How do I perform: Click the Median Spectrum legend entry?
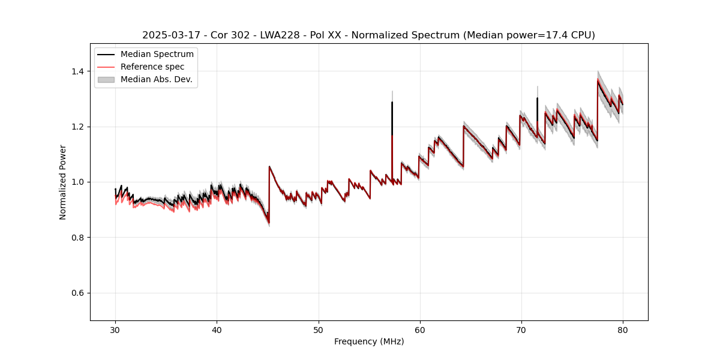coord(157,55)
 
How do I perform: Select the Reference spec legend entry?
coord(152,67)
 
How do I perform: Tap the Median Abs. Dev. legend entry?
coord(156,79)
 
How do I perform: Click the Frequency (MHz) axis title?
coord(369,341)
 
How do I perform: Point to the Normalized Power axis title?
coord(63,182)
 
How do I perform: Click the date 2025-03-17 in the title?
coord(169,35)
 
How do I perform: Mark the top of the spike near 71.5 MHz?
coord(537,98)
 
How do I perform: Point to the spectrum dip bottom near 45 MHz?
coord(268,223)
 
